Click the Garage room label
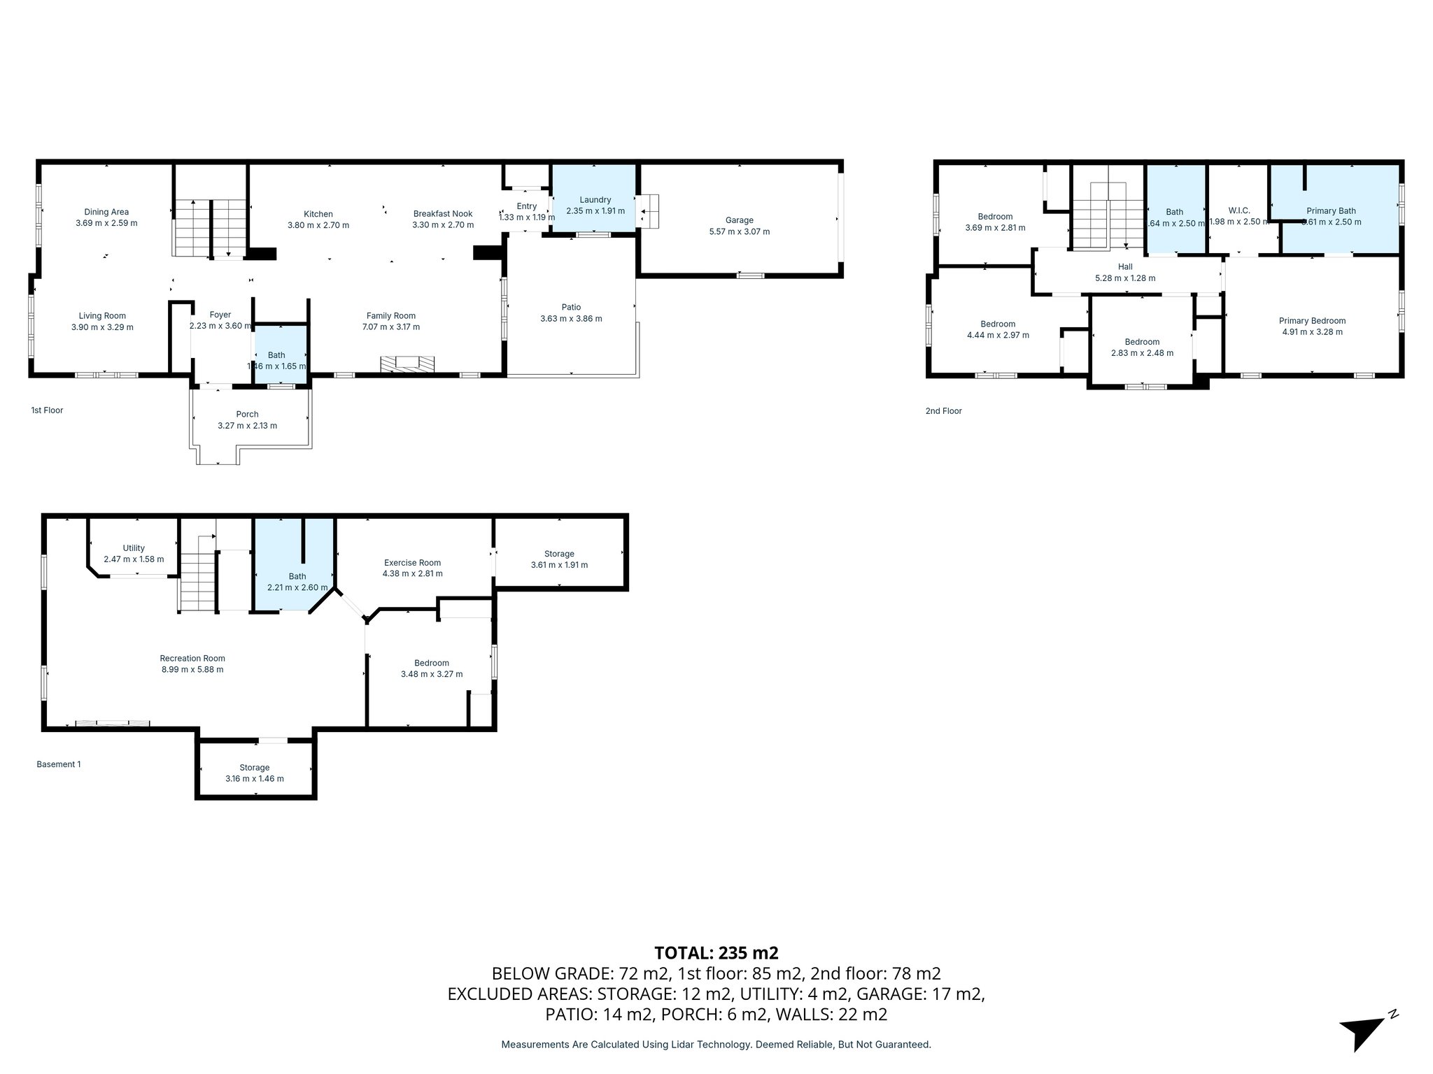pos(739,220)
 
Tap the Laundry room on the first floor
pos(595,205)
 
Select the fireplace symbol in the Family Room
pos(407,364)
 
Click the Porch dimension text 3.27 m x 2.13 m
pos(247,426)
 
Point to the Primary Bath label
pos(1331,211)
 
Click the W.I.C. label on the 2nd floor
pos(1238,210)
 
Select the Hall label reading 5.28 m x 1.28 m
pos(1124,278)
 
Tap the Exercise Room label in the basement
pos(412,563)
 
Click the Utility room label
pos(134,548)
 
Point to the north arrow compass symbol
pos(1364,1027)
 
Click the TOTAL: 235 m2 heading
pos(716,953)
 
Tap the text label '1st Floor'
pos(47,410)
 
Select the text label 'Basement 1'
pos(59,764)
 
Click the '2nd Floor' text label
pos(943,411)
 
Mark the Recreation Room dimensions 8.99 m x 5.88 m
pos(192,670)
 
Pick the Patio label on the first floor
pos(571,307)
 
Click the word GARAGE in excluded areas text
pos(887,994)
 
